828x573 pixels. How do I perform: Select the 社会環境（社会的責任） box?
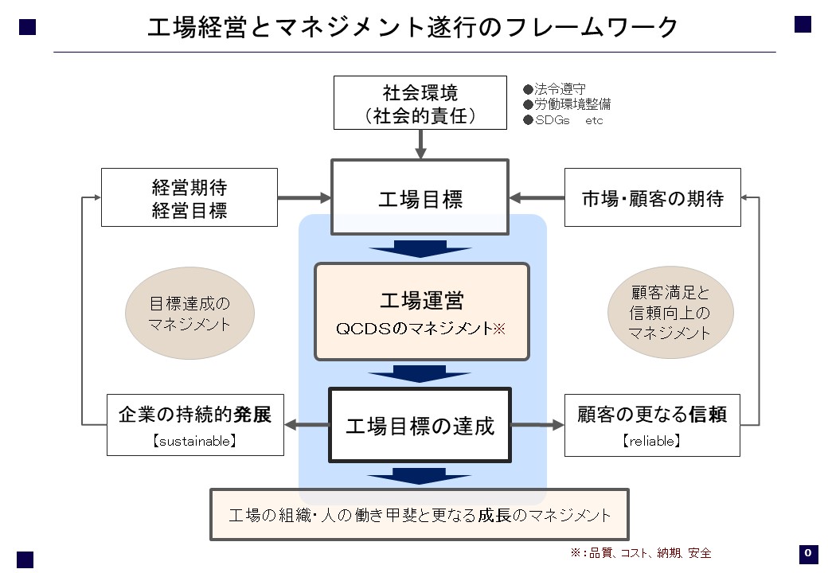420,103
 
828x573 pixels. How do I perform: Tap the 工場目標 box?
420,197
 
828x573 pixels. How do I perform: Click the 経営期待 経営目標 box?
189,198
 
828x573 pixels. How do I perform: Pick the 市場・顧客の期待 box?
653,198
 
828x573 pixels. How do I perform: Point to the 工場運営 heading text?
422,301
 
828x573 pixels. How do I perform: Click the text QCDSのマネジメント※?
421,329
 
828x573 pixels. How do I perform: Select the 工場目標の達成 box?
420,425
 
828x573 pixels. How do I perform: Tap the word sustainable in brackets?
195,441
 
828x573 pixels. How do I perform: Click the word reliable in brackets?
652,441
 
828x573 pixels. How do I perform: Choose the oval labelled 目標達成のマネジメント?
189,314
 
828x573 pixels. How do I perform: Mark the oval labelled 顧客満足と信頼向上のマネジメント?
670,312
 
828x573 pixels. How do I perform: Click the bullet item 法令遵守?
554,88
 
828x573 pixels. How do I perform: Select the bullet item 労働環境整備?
567,104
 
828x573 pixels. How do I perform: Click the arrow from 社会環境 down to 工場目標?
420,144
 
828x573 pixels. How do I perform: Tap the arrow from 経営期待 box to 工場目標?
304,198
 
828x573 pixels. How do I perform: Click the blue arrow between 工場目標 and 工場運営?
420,249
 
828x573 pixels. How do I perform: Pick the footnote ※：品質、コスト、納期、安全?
641,553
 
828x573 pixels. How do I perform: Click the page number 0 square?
808,554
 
